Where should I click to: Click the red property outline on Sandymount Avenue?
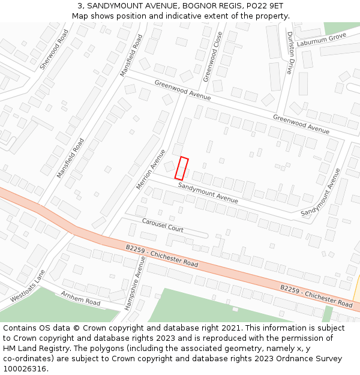(181, 168)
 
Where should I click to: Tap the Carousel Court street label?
(163, 226)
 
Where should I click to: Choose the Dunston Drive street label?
(291, 53)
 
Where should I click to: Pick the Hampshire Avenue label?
(135, 282)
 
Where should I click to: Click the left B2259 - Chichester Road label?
(162, 256)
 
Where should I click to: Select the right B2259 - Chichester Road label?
(316, 296)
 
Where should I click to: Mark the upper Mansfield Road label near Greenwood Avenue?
(131, 55)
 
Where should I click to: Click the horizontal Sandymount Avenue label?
(208, 192)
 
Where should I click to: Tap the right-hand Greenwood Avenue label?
(301, 124)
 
